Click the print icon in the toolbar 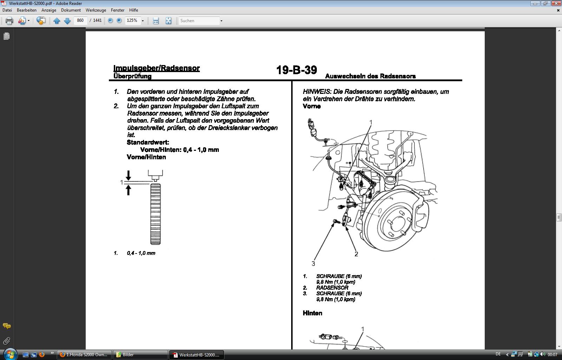pos(9,21)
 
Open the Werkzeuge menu pos(96,10)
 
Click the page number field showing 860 pos(80,20)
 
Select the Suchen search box pos(200,21)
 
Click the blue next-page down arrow pos(67,21)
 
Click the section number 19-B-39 pos(296,70)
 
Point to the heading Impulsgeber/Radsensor pos(157,68)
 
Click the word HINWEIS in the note pos(317,92)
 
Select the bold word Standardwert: pos(148,142)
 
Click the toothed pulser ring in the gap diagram pos(155,214)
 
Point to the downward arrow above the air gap pos(129,175)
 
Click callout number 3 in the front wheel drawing pos(313,264)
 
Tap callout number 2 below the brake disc pos(356,254)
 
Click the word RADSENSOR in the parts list pos(332,288)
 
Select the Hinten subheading pos(312,313)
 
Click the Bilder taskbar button pos(140,355)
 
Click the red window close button pos(556,4)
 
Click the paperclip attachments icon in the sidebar pos(7,341)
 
